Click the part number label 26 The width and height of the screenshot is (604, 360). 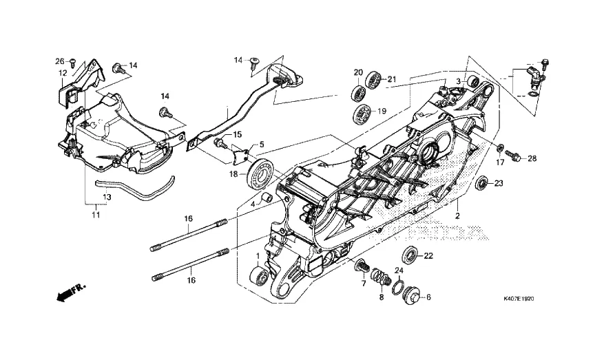(59, 61)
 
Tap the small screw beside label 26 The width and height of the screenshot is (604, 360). (72, 63)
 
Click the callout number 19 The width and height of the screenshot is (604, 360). (382, 112)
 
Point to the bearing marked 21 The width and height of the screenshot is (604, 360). (373, 79)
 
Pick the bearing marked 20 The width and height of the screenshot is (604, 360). (360, 94)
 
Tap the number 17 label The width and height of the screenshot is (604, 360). (499, 162)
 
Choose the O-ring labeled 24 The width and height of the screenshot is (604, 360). (399, 287)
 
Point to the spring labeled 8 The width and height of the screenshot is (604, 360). (382, 277)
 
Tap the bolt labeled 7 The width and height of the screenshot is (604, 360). (362, 265)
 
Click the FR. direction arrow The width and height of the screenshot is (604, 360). (71, 293)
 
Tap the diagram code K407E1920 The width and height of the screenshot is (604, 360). (519, 299)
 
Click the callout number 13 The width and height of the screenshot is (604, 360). (107, 197)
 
